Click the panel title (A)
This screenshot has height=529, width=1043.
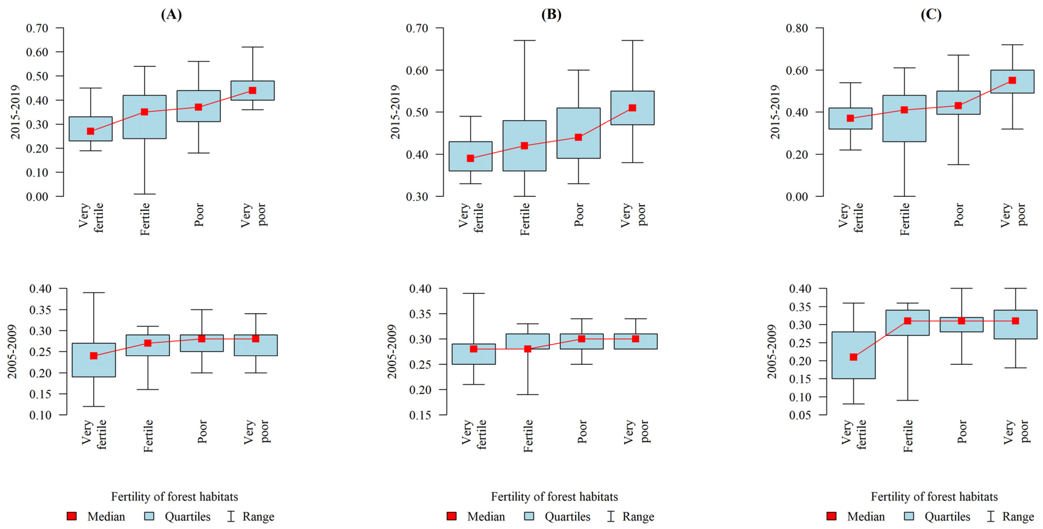[171, 15]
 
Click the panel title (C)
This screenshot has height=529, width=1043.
[931, 15]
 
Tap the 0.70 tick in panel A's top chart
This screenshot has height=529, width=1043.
[37, 28]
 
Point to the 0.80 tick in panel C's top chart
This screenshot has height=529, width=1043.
[797, 28]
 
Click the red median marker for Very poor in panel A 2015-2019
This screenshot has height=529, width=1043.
[252, 90]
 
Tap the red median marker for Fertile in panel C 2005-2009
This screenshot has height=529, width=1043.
[907, 321]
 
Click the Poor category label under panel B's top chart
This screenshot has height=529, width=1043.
[579, 215]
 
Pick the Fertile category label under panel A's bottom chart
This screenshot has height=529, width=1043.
[148, 436]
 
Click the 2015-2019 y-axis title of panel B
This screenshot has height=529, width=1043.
[395, 112]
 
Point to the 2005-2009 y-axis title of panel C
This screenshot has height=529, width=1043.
[772, 351]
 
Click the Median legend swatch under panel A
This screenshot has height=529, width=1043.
[72, 516]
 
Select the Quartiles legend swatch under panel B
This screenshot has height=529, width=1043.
[529, 516]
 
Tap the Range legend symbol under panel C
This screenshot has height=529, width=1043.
[991, 516]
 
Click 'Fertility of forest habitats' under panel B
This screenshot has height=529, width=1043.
[554, 497]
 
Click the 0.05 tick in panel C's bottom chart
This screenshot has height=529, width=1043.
[800, 415]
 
